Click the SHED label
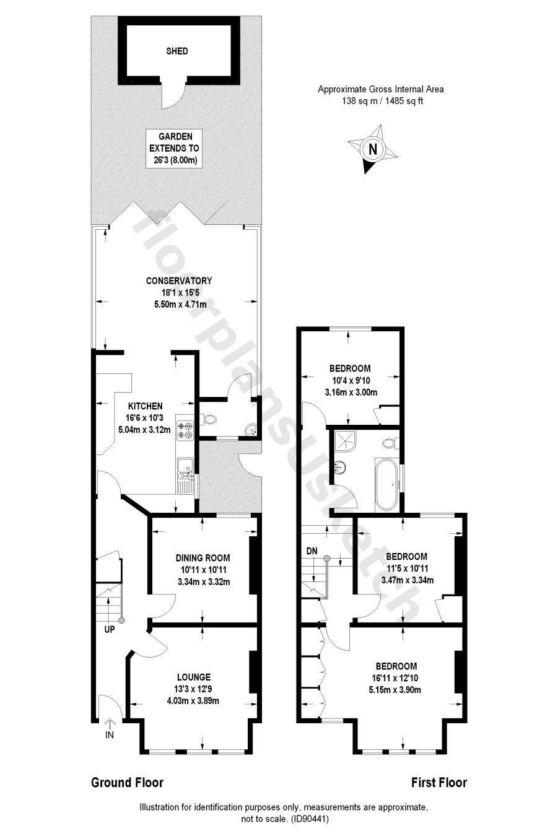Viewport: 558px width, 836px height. pyautogui.click(x=177, y=51)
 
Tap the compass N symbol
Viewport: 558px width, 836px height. pyautogui.click(x=372, y=149)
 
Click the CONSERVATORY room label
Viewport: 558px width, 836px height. pyautogui.click(x=179, y=281)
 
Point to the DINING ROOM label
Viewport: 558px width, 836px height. pyautogui.click(x=203, y=557)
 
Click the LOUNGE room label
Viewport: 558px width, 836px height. pyautogui.click(x=193, y=677)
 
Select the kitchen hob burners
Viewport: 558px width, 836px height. pyautogui.click(x=185, y=430)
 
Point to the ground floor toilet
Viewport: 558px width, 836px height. pyautogui.click(x=209, y=420)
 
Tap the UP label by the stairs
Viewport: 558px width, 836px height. pyautogui.click(x=110, y=630)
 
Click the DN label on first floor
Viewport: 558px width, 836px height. pyautogui.click(x=312, y=551)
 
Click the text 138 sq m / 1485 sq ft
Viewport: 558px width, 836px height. pyautogui.click(x=382, y=102)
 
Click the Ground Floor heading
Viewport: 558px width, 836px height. pyautogui.click(x=128, y=783)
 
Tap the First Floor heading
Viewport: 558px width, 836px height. pyautogui.click(x=439, y=783)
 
